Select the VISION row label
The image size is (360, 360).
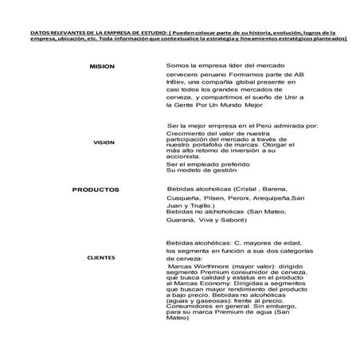point(104,143)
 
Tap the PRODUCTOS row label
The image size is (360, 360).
point(96,190)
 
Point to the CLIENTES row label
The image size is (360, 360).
point(101,258)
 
